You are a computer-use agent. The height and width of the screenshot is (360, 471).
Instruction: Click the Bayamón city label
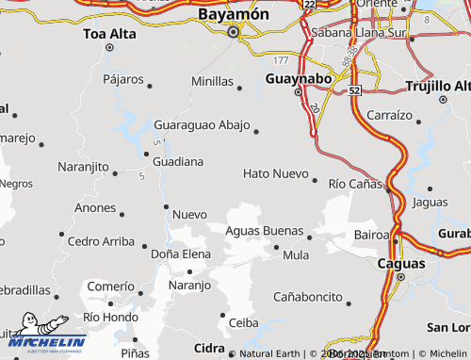[234, 15]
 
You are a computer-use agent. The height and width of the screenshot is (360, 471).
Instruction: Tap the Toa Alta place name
[109, 35]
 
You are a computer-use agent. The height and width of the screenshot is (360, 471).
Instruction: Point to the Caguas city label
[400, 264]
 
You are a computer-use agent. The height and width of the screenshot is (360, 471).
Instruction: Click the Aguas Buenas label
[264, 231]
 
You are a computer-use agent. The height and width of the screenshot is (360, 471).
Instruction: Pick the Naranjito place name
[84, 167]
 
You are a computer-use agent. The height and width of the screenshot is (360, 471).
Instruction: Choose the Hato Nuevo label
[275, 174]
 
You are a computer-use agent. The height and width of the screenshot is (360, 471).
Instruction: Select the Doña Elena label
[181, 254]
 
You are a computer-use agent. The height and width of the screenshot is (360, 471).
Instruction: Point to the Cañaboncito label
[307, 296]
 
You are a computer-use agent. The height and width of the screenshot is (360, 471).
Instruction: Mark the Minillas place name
[212, 82]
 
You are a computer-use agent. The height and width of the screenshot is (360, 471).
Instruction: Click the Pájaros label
[123, 79]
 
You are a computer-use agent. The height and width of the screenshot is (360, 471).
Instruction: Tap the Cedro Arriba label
[101, 240]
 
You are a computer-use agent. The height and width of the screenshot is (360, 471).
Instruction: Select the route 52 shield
[353, 90]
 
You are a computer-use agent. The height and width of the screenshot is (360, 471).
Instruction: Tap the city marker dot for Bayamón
[234, 33]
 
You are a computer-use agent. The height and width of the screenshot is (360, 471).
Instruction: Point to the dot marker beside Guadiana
[145, 154]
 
